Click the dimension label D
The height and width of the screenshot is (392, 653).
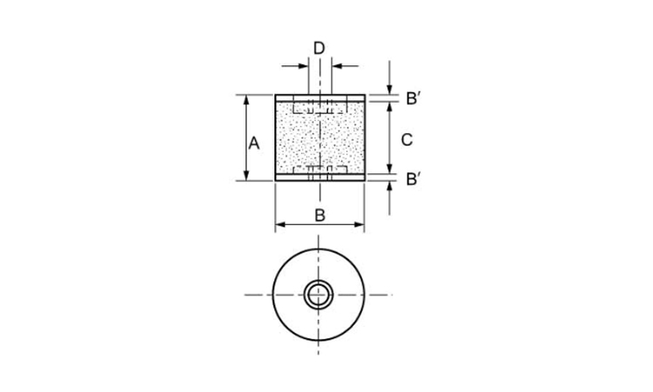click(x=319, y=47)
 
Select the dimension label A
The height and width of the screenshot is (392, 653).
click(x=254, y=143)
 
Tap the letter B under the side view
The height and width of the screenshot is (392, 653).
click(x=320, y=213)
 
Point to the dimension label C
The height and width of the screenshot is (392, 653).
click(x=406, y=139)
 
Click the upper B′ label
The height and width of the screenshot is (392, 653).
click(x=414, y=98)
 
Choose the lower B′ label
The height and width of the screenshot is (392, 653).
click(x=414, y=179)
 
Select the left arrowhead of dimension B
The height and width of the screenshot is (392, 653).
click(x=280, y=226)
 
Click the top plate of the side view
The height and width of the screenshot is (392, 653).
click(x=320, y=98)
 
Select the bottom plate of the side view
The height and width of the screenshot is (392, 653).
click(x=320, y=177)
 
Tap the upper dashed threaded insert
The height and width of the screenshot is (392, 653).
click(x=320, y=109)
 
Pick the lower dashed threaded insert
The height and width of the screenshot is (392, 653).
click(x=320, y=169)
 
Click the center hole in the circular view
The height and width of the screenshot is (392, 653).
click(x=319, y=294)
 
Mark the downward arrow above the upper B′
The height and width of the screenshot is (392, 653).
click(x=389, y=88)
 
